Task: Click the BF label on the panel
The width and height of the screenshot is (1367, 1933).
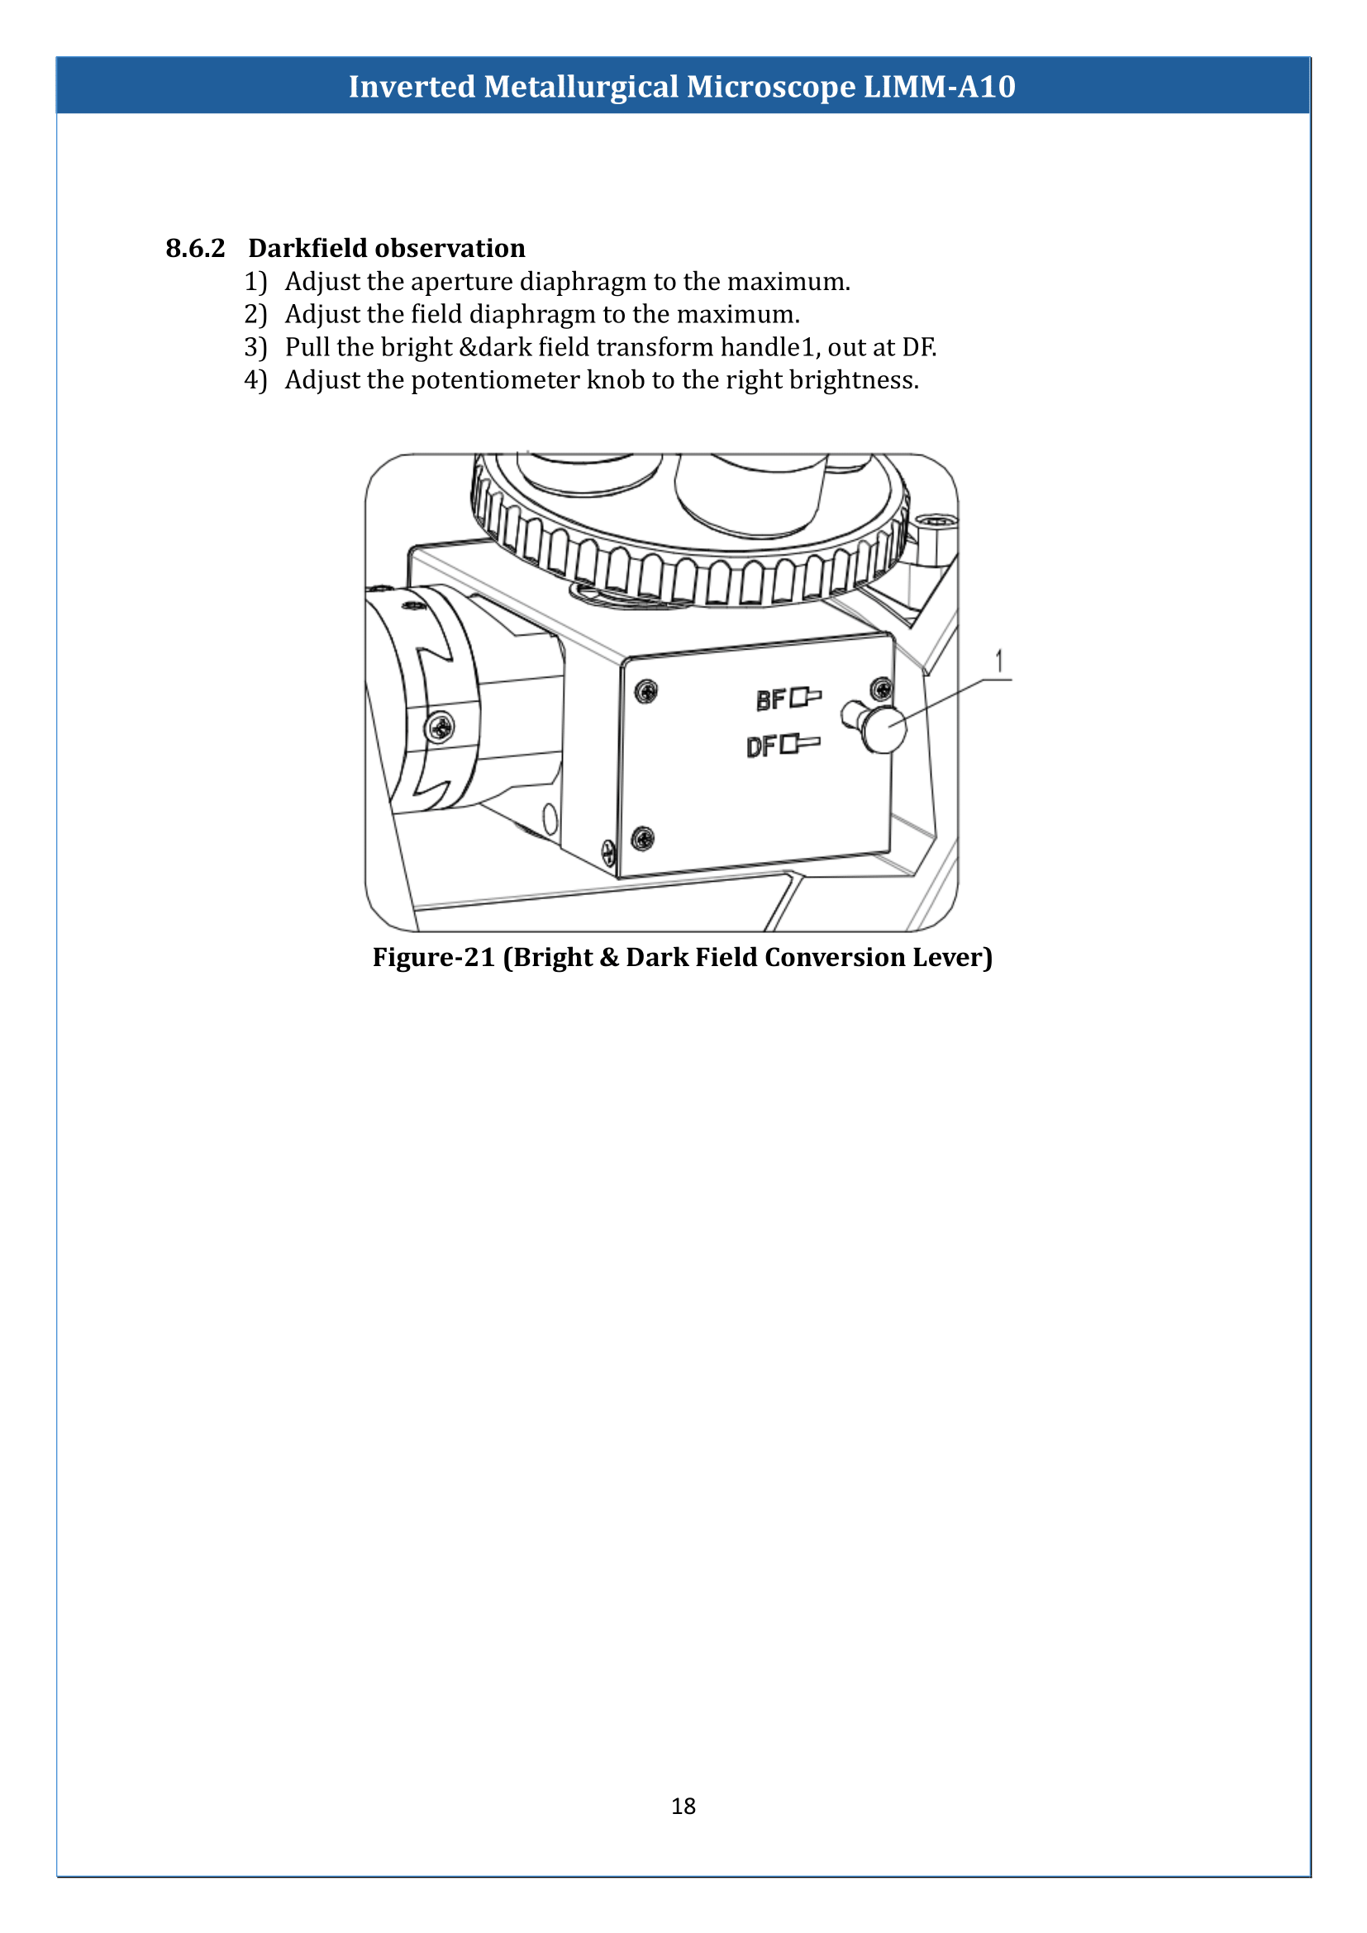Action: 770,700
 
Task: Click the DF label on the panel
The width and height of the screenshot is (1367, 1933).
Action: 762,747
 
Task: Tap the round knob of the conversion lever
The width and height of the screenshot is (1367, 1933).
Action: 884,730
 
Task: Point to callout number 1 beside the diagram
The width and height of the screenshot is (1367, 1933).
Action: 999,662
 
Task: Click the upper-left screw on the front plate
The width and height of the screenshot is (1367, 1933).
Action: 645,692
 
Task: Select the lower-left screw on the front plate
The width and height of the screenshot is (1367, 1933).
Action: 642,838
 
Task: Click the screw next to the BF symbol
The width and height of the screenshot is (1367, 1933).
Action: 880,688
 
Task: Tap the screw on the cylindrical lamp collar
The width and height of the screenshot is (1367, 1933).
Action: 440,726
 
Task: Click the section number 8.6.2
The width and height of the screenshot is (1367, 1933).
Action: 195,249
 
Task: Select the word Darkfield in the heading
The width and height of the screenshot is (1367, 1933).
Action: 308,249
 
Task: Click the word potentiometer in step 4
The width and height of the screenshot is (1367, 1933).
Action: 495,380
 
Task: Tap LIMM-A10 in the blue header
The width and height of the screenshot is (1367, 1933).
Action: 940,87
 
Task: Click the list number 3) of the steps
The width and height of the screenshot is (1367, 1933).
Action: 255,348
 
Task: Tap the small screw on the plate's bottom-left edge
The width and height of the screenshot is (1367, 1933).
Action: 608,852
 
